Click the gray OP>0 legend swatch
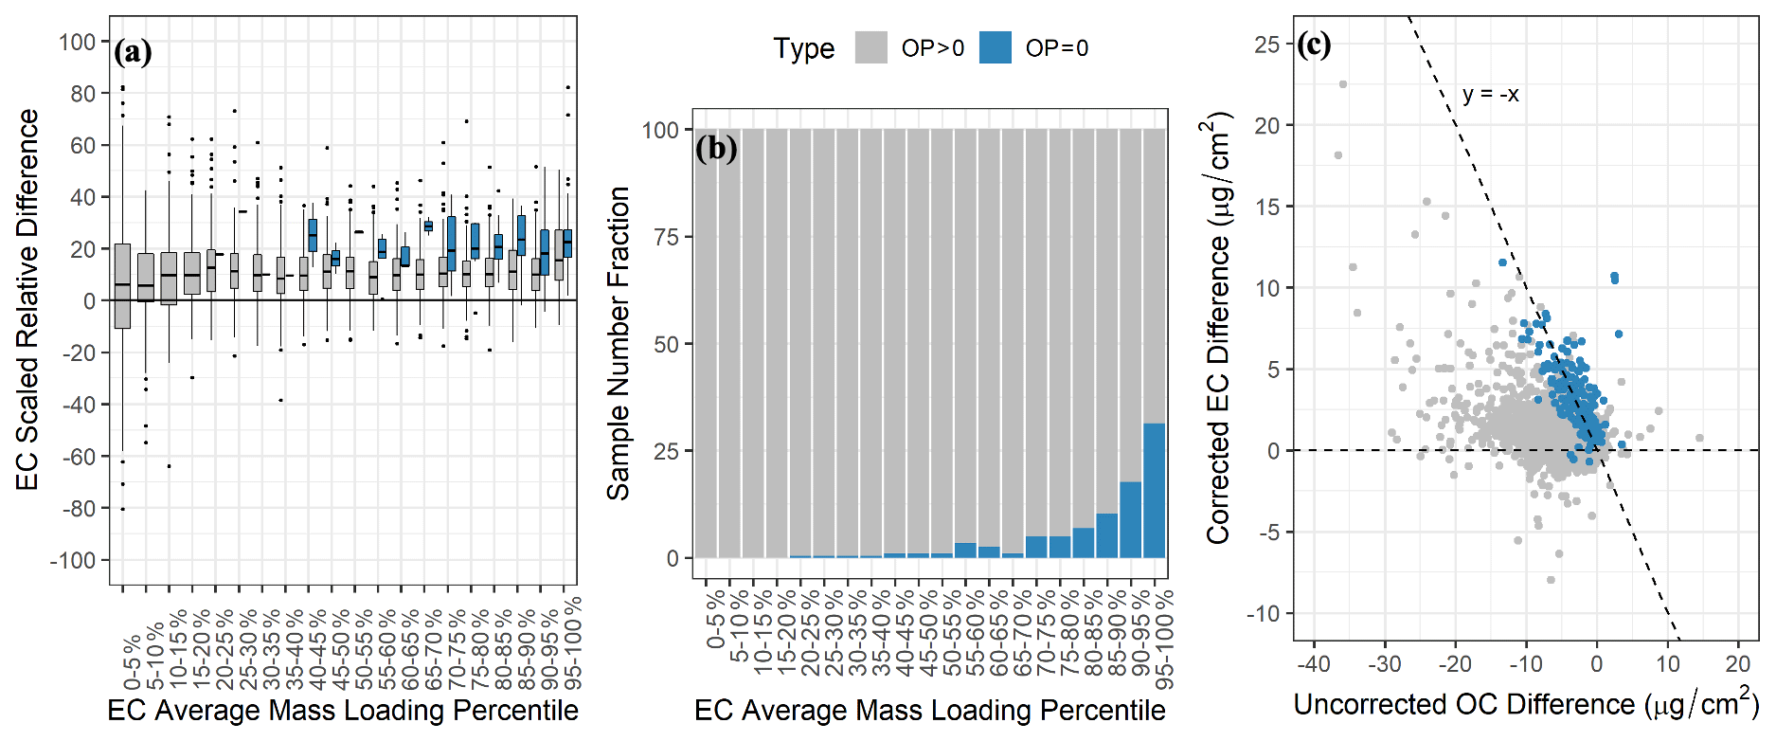[870, 47]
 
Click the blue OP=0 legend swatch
[995, 47]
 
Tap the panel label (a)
[133, 51]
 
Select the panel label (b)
[716, 148]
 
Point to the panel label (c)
[1314, 44]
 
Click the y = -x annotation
[1490, 95]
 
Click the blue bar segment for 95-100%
[1155, 491]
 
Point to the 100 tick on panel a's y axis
[78, 43]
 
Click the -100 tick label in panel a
[73, 560]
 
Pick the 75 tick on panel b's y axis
[667, 237]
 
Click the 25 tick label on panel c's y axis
[1267, 45]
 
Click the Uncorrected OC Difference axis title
[1526, 704]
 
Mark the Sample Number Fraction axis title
[619, 343]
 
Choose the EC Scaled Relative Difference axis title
[27, 299]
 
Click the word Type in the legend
[803, 48]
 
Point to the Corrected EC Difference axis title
[1218, 328]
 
